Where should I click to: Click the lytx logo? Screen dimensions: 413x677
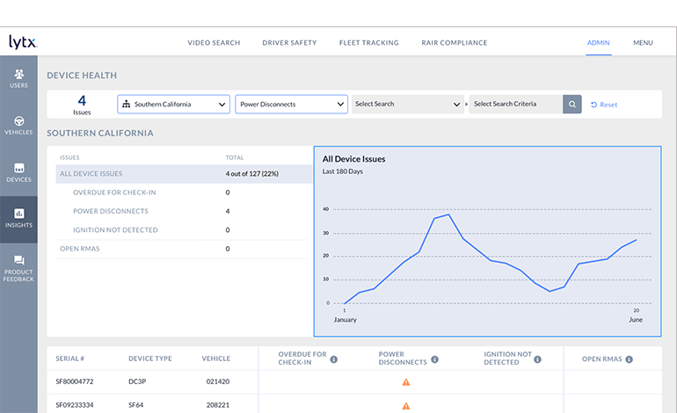click(x=22, y=42)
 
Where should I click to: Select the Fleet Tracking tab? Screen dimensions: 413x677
click(x=368, y=42)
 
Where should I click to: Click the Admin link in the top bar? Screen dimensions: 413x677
click(x=599, y=42)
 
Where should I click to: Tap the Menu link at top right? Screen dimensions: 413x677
click(x=643, y=42)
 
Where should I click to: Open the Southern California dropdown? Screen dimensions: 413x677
click(x=173, y=105)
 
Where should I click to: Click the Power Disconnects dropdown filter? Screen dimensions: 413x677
click(x=291, y=105)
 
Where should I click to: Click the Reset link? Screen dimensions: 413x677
click(x=604, y=105)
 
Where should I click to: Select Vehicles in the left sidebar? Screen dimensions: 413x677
click(x=18, y=125)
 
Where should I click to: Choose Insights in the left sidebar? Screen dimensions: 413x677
click(x=18, y=218)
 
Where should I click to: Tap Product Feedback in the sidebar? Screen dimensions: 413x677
click(x=18, y=268)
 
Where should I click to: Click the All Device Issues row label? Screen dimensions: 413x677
click(x=91, y=174)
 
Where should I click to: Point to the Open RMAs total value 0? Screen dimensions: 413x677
click(x=228, y=249)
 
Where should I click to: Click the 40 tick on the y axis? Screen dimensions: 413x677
click(x=326, y=209)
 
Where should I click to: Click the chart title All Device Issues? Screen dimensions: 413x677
click(x=353, y=159)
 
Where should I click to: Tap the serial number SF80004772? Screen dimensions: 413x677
click(x=75, y=382)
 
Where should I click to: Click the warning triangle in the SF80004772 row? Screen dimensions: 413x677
click(x=406, y=382)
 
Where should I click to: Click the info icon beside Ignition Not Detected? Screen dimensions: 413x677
click(x=537, y=359)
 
